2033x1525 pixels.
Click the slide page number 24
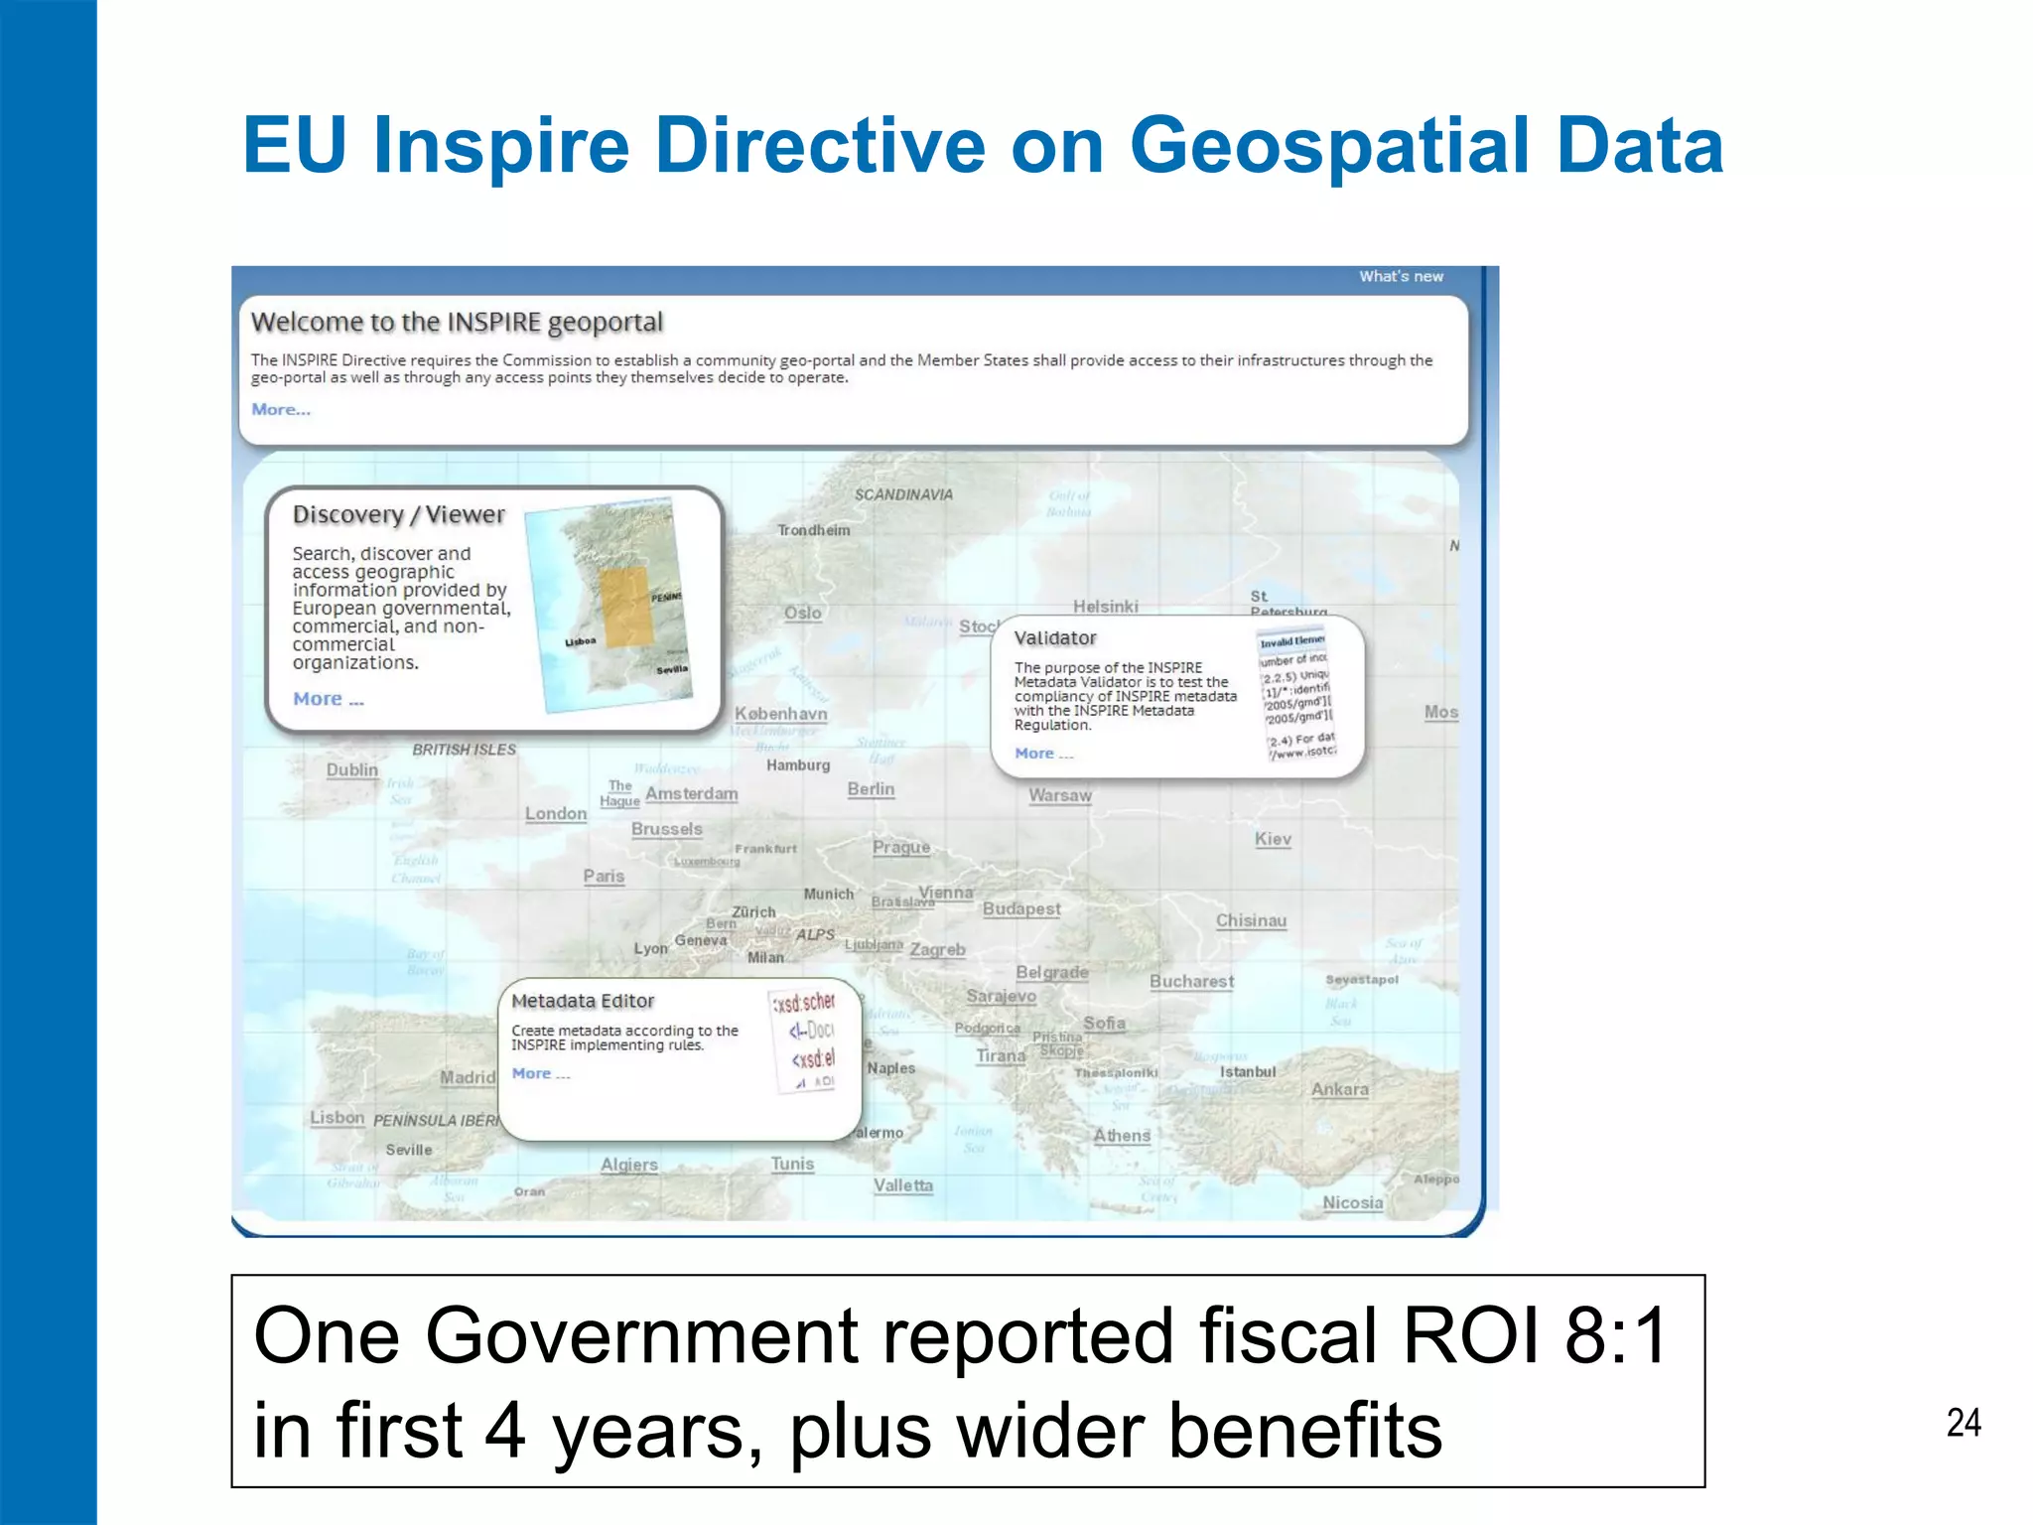[1963, 1423]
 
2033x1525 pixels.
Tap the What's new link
[1401, 276]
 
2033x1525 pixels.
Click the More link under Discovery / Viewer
[329, 699]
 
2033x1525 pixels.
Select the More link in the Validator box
[1043, 754]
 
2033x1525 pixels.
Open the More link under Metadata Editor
[540, 1073]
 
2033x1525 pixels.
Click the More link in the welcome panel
[281, 409]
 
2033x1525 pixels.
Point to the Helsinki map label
[1105, 606]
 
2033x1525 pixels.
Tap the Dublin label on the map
[352, 769]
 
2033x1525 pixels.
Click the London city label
[556, 813]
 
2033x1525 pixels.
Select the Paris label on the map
[604, 876]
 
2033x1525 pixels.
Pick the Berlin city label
[871, 788]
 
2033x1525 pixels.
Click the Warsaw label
[1059, 795]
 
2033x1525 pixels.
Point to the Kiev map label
[1273, 839]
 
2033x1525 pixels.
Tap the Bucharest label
[1191, 981]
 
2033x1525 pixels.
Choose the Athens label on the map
[1122, 1135]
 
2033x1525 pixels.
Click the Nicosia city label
[1352, 1202]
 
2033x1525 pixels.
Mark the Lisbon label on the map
[338, 1117]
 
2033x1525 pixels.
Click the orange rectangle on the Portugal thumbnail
[625, 607]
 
